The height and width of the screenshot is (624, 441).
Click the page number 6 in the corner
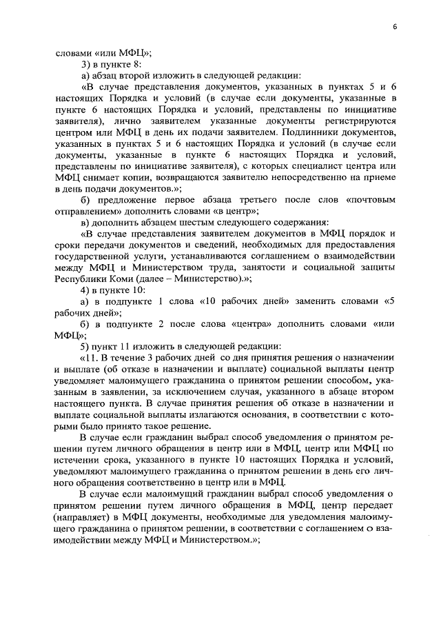(396, 26)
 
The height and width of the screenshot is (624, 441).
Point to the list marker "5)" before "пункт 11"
(85, 345)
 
